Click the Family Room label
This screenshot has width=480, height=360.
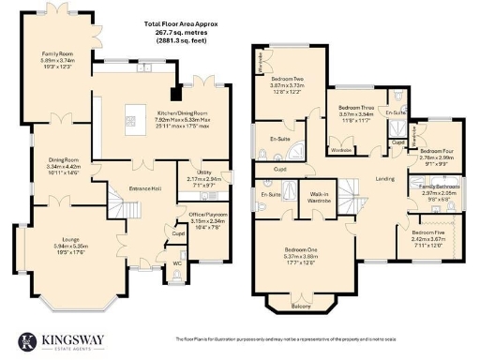(57, 55)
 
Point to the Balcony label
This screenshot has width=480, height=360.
(300, 306)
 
